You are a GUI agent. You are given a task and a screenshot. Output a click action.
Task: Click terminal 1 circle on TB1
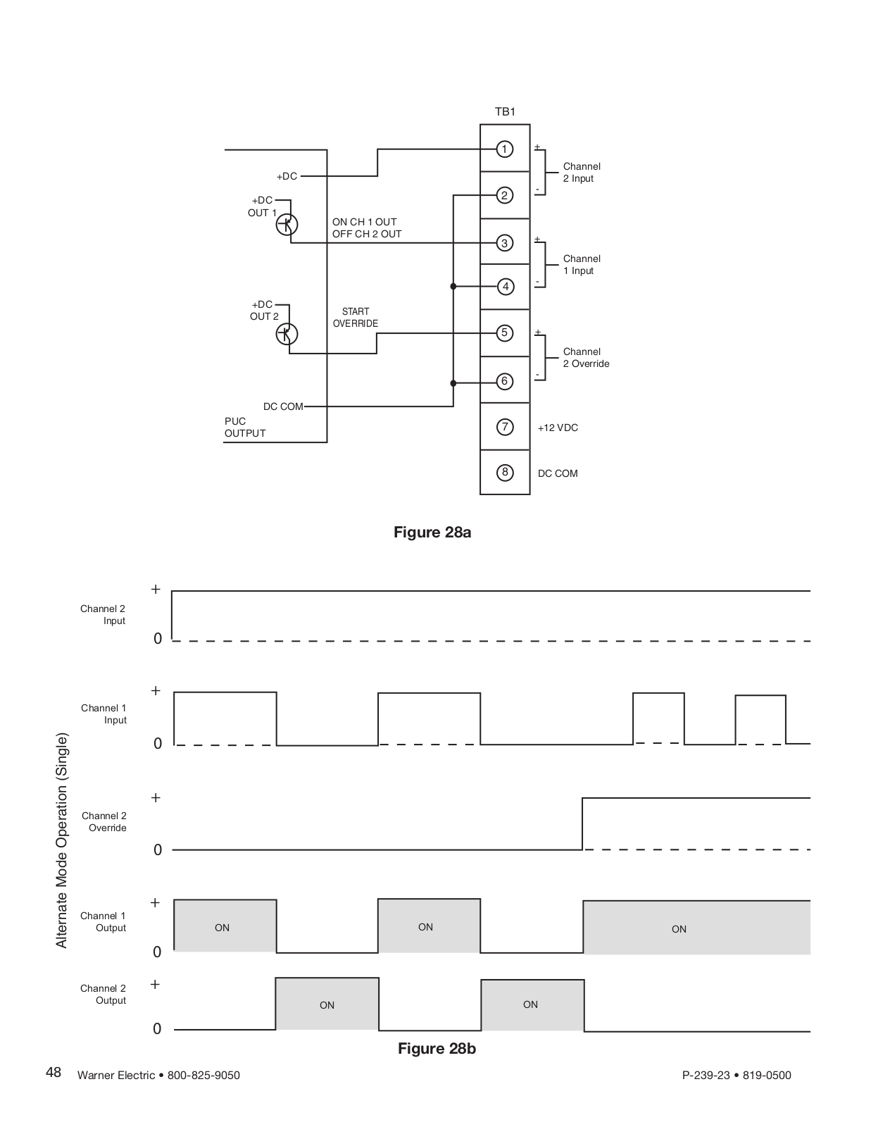[x=504, y=149]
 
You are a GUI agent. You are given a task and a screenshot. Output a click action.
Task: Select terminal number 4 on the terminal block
[x=506, y=286]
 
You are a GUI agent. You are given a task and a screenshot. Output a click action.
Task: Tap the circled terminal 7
[x=505, y=427]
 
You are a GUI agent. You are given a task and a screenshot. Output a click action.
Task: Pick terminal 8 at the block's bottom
[x=505, y=473]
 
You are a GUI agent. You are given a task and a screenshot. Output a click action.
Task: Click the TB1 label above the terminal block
[x=505, y=111]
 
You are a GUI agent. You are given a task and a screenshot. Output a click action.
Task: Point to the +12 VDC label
[x=558, y=428]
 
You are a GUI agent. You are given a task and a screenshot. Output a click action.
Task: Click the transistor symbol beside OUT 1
[x=287, y=225]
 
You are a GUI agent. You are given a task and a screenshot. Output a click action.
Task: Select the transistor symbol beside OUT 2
[x=287, y=334]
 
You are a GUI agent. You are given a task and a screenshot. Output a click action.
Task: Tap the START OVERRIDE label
[x=356, y=318]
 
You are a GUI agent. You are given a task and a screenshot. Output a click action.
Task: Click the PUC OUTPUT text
[x=245, y=428]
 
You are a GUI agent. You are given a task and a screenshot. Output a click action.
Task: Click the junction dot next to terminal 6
[x=453, y=383]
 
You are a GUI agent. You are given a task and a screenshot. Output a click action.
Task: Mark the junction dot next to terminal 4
[x=453, y=286]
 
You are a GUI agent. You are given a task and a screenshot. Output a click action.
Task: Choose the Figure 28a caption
[x=432, y=532]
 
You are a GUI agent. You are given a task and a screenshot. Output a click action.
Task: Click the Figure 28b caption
[x=437, y=1048]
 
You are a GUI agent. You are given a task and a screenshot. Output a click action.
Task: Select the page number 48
[x=54, y=1073]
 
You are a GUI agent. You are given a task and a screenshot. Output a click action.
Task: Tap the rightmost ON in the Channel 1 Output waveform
[x=679, y=929]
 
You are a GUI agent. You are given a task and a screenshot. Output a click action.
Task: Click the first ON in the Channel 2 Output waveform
[x=327, y=1005]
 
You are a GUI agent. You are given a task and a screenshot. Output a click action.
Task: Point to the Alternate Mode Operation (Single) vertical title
[x=62, y=840]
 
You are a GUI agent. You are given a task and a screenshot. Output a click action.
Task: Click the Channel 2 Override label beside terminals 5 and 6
[x=587, y=357]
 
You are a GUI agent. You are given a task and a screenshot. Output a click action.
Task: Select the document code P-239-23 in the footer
[x=706, y=1075]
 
